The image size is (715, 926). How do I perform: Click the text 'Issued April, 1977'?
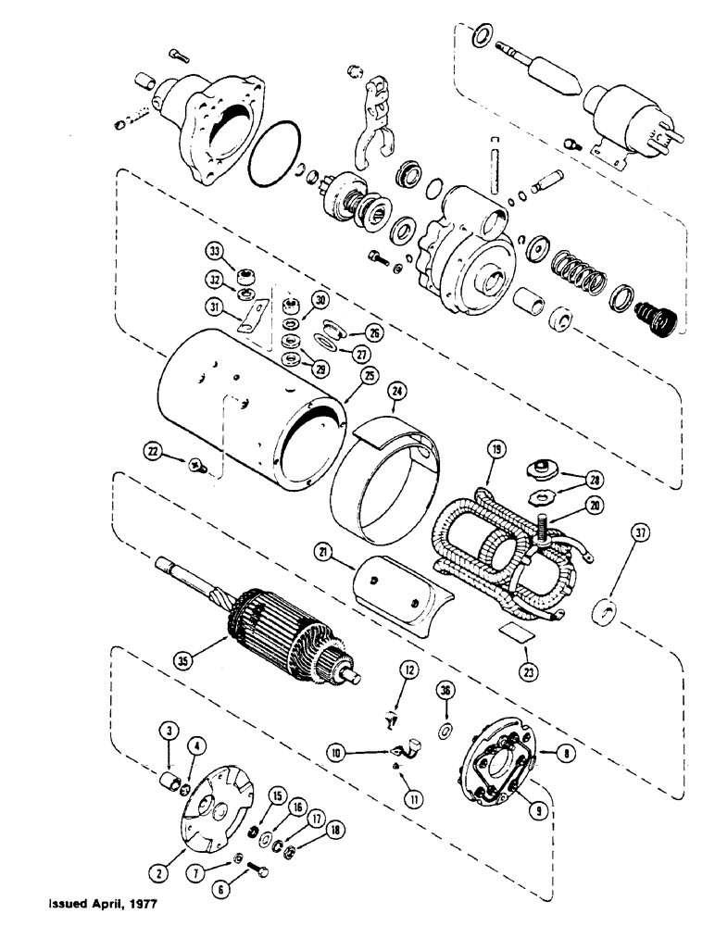(x=92, y=899)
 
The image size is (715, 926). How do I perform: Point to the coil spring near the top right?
(x=575, y=274)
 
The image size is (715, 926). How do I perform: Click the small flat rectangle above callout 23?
(x=512, y=633)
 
